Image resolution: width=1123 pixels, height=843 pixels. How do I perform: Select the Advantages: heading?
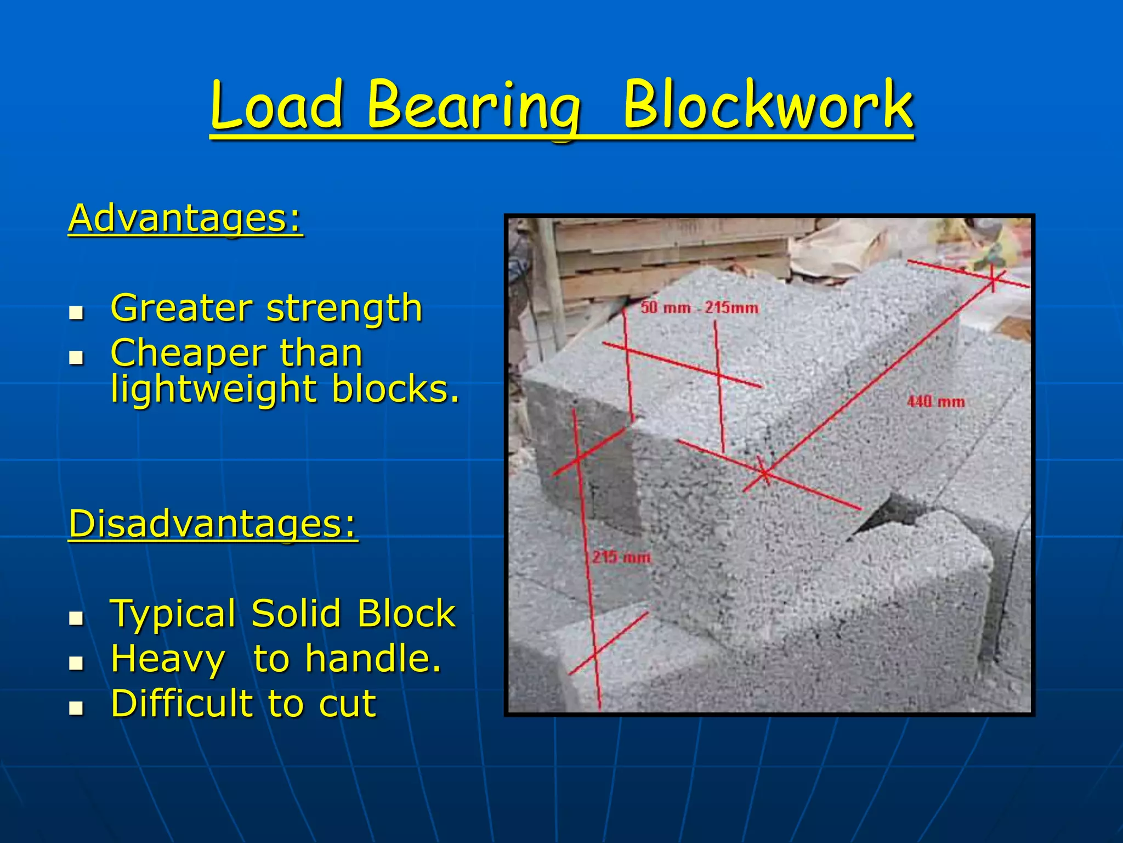tap(185, 218)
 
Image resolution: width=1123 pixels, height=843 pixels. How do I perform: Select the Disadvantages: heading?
tap(213, 524)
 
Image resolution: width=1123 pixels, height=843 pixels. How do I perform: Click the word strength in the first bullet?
tap(344, 308)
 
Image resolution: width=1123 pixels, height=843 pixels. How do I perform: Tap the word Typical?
tap(173, 614)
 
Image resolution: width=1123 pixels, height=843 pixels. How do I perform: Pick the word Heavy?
tap(168, 659)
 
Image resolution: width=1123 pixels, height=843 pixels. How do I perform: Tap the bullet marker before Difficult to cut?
tap(76, 708)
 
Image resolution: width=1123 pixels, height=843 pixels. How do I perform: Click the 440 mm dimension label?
tap(935, 402)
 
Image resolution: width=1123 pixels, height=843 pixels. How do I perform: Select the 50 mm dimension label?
tap(665, 307)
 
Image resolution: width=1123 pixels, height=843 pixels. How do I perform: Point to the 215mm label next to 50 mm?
tap(731, 307)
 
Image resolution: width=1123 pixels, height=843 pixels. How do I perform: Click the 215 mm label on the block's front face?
tap(621, 558)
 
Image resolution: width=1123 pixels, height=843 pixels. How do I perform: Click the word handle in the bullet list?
tap(373, 659)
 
